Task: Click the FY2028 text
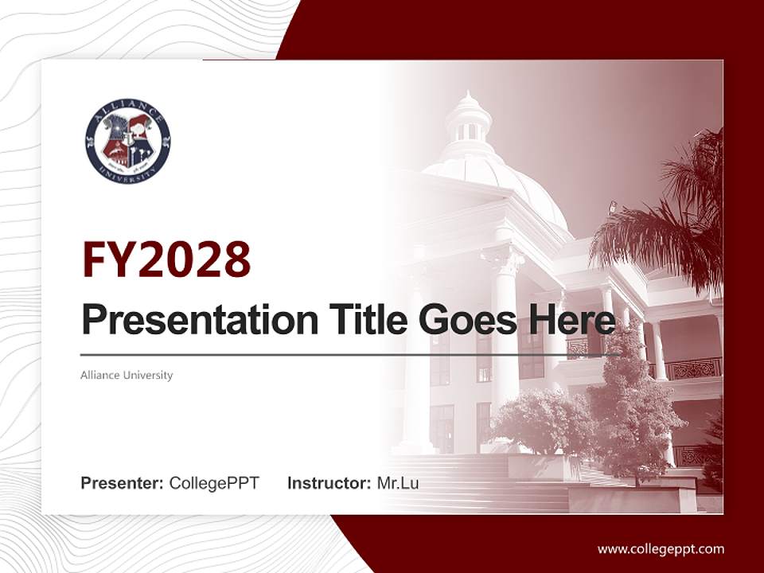(166, 259)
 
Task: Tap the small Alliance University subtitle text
(127, 375)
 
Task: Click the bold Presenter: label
(123, 483)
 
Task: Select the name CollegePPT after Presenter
(214, 483)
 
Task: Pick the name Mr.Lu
(397, 483)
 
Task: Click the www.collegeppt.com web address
(661, 548)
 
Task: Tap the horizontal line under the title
(350, 354)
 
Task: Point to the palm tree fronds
(676, 215)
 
